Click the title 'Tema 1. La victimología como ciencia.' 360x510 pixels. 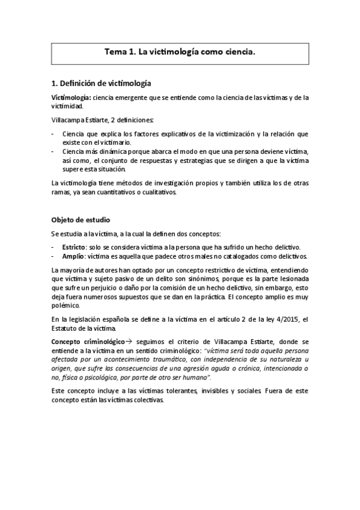tap(180, 52)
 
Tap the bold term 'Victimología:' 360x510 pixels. tap(71, 97)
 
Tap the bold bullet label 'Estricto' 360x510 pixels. tap(74, 247)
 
